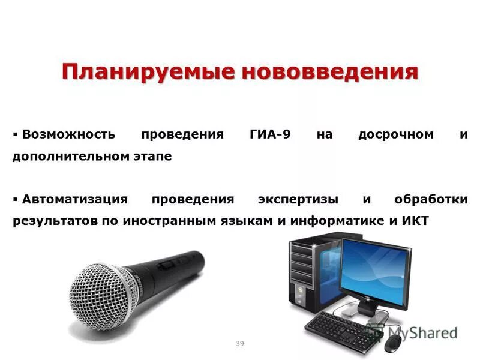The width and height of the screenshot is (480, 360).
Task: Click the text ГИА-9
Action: pyautogui.click(x=270, y=134)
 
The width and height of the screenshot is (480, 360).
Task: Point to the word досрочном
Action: pyautogui.click(x=395, y=134)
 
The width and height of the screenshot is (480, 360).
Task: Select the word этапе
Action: pyautogui.click(x=152, y=156)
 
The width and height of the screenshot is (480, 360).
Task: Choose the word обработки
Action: pyautogui.click(x=431, y=199)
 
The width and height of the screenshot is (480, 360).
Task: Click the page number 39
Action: pyautogui.click(x=240, y=343)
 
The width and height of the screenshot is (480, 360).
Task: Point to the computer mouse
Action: pyautogui.click(x=393, y=343)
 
